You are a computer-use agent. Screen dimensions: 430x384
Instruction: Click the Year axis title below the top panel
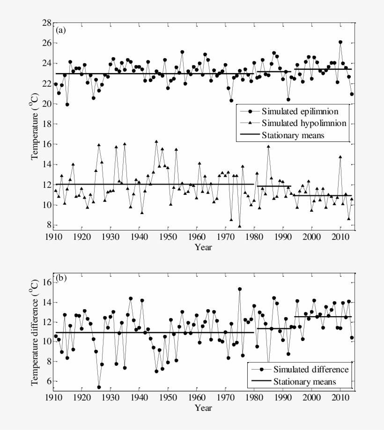pyautogui.click(x=203, y=246)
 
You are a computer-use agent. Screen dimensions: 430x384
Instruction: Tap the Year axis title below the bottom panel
pyautogui.click(x=203, y=408)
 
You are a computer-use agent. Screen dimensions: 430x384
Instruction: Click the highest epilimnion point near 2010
pyautogui.click(x=340, y=42)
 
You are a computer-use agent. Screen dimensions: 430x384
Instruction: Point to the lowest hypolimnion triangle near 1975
pyautogui.click(x=240, y=226)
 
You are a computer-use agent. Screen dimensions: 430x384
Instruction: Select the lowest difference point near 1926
pyautogui.click(x=99, y=387)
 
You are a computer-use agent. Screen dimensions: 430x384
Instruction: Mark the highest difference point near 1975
pyautogui.click(x=240, y=289)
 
